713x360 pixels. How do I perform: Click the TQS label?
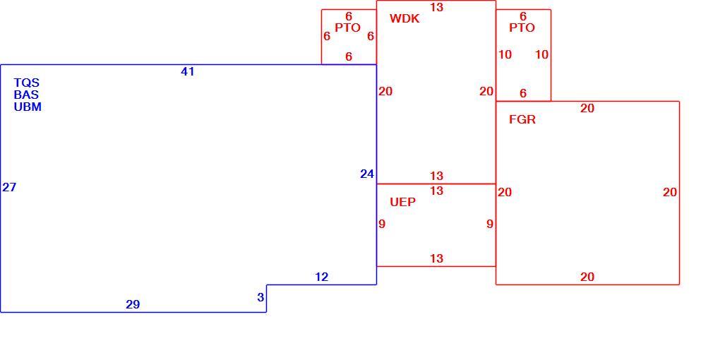(x=27, y=83)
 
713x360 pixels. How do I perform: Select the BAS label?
(x=26, y=95)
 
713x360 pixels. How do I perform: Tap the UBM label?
(x=28, y=107)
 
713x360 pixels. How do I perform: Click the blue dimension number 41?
(x=188, y=71)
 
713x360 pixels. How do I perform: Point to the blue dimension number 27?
(x=9, y=187)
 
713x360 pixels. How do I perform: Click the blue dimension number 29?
(x=133, y=304)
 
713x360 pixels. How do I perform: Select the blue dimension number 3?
(x=260, y=297)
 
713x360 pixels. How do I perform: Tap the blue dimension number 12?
(x=321, y=277)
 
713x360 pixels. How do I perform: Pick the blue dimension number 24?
(x=367, y=174)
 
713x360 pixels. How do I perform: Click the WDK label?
(x=405, y=18)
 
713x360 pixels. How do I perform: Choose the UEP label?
(x=403, y=203)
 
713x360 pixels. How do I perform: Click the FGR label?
(x=522, y=119)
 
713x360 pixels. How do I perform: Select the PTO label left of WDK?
(x=348, y=28)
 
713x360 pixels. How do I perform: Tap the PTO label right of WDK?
(x=522, y=28)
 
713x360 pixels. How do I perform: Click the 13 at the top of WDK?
(x=436, y=7)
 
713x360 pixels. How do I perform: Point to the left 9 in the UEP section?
(x=382, y=224)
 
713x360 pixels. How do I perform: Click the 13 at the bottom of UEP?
(x=436, y=258)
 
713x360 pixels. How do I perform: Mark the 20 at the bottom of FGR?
(x=587, y=277)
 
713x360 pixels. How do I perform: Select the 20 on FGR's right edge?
(x=670, y=192)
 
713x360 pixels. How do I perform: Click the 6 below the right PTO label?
(x=523, y=93)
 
